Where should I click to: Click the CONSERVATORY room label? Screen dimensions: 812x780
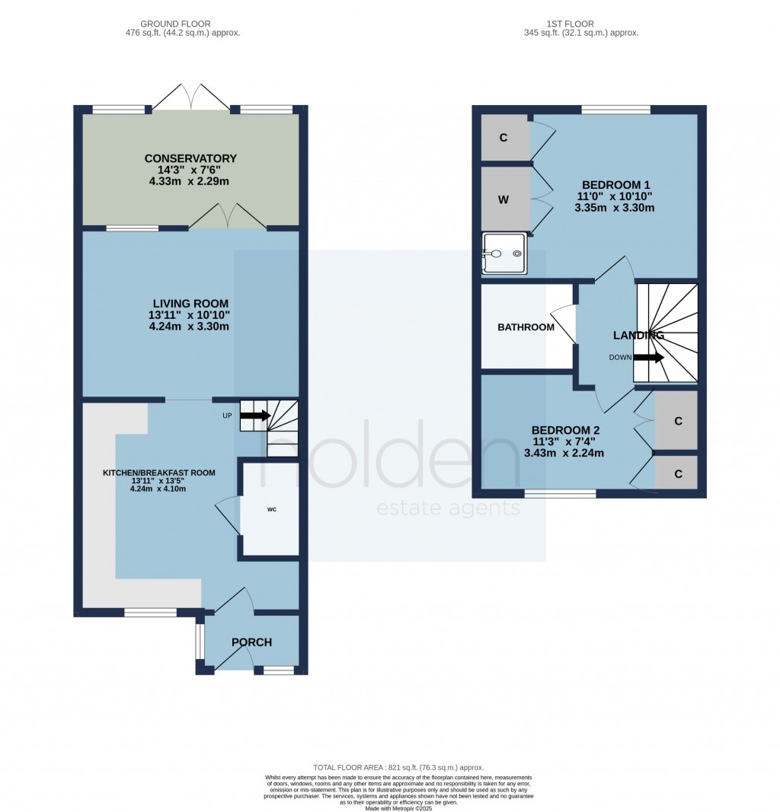click(x=190, y=158)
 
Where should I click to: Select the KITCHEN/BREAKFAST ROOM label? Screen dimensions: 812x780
click(x=159, y=473)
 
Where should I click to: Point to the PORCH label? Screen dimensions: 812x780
click(x=251, y=642)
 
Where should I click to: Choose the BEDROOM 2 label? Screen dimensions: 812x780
click(x=567, y=429)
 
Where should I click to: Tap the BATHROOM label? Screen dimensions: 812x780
click(x=526, y=327)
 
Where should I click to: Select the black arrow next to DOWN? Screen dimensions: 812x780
click(x=648, y=357)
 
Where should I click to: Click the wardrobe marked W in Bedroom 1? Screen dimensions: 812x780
click(x=504, y=199)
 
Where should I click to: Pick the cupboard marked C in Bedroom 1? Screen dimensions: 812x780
click(x=504, y=138)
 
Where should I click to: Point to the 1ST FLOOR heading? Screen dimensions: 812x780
click(x=580, y=24)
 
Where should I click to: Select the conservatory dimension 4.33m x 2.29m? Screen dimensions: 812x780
click(x=190, y=183)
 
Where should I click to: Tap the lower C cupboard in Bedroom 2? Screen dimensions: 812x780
click(x=677, y=473)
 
